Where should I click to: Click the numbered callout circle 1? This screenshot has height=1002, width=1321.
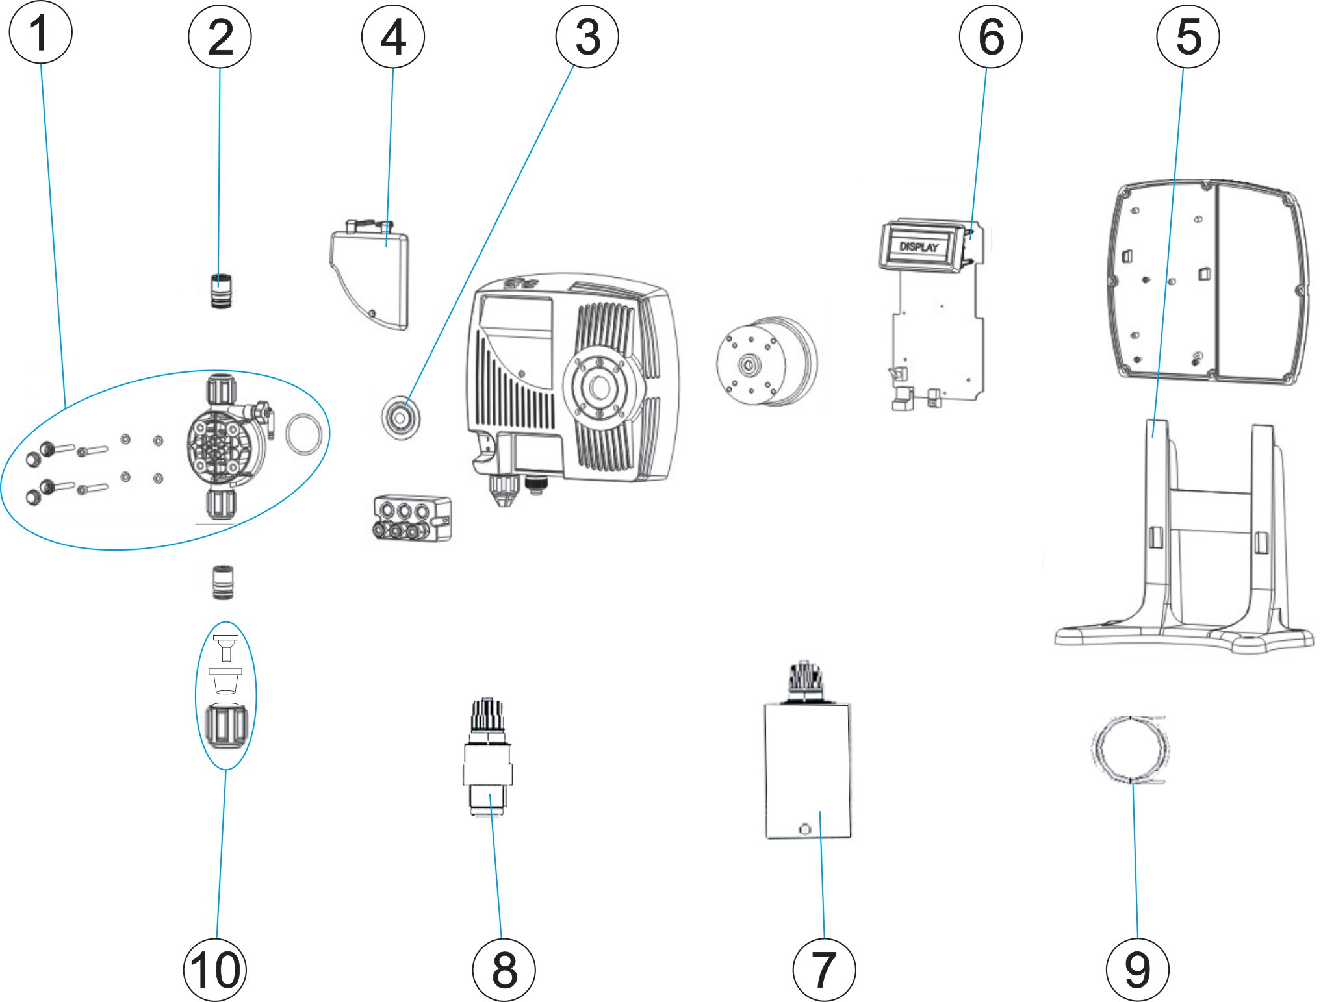click(x=40, y=32)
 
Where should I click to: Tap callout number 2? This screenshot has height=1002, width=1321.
click(x=220, y=36)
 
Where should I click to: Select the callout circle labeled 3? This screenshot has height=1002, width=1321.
click(x=587, y=36)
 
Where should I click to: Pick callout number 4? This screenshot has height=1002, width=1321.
click(x=392, y=36)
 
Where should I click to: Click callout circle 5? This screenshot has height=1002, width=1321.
click(x=1187, y=36)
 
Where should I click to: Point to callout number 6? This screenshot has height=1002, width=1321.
click(x=990, y=36)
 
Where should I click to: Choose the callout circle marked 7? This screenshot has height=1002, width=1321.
click(x=824, y=970)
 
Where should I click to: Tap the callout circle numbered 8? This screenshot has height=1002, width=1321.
click(x=504, y=970)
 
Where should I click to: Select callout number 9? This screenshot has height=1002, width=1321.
click(x=1137, y=970)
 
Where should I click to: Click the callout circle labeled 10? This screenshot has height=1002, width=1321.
click(x=215, y=970)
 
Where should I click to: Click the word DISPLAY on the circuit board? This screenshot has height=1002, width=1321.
click(x=919, y=247)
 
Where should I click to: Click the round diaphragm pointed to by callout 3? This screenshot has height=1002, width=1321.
click(x=401, y=416)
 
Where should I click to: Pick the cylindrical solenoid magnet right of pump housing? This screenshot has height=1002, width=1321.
click(x=767, y=361)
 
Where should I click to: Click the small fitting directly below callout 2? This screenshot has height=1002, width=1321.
click(x=221, y=291)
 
